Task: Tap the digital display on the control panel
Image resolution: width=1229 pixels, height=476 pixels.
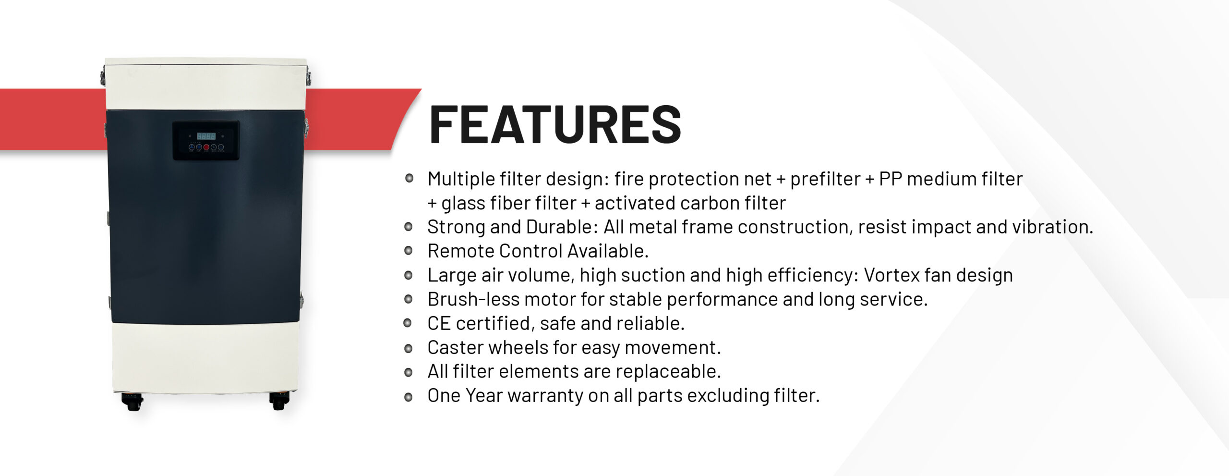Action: click(x=206, y=136)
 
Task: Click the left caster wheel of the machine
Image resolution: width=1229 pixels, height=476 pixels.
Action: click(x=133, y=402)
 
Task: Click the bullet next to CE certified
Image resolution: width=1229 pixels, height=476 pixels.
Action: click(x=409, y=323)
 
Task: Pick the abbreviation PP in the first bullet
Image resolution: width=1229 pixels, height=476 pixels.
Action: click(x=890, y=179)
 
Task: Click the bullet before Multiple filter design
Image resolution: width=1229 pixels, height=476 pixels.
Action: click(x=410, y=179)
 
